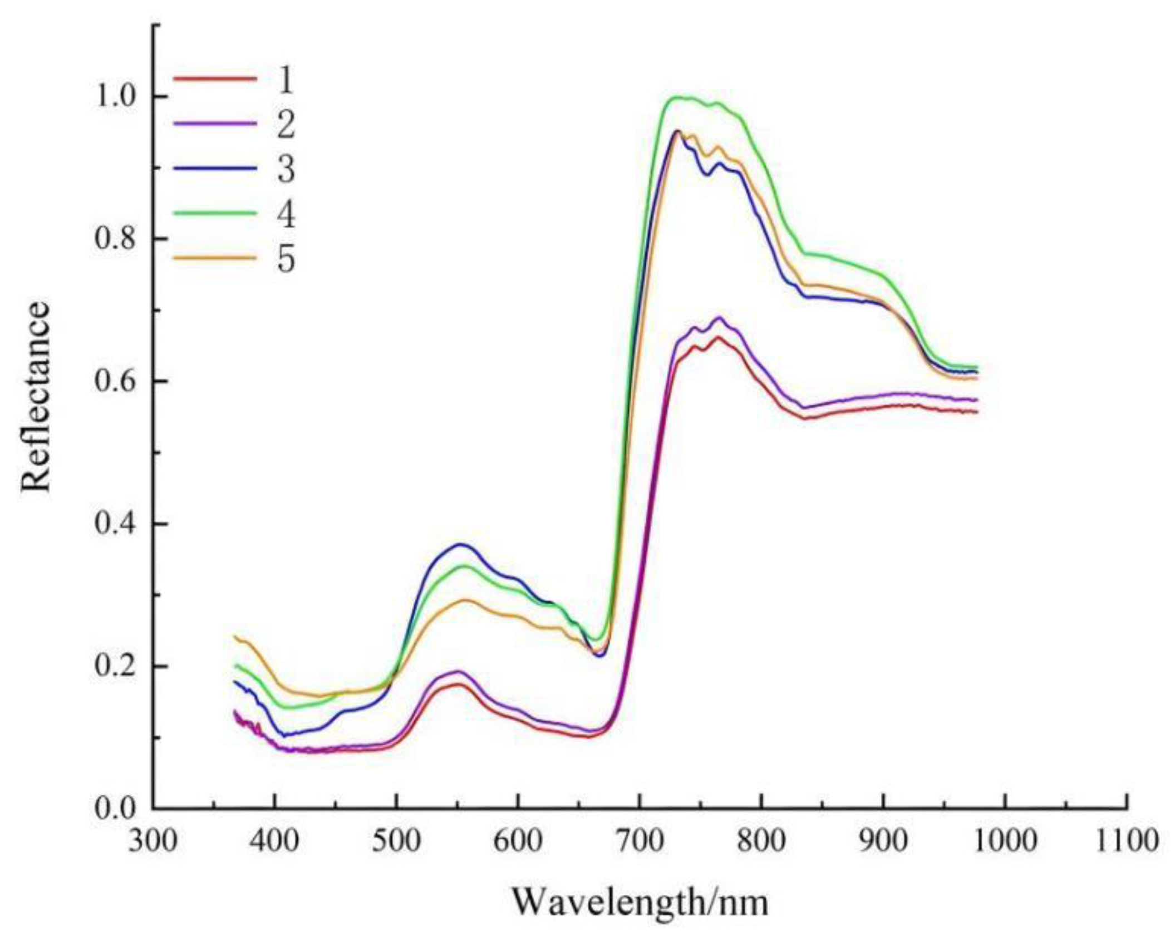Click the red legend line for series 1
coord(215,78)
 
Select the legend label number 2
coord(286,124)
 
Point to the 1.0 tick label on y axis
coord(116,97)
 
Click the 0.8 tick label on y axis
coord(116,239)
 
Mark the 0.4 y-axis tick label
coord(116,524)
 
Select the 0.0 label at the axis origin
coord(116,809)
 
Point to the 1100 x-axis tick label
coord(1127,841)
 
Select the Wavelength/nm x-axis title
coord(640,902)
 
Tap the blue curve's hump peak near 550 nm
coord(460,544)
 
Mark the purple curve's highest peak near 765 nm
coord(719,318)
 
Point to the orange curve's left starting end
coord(235,636)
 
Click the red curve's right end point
coord(977,412)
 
